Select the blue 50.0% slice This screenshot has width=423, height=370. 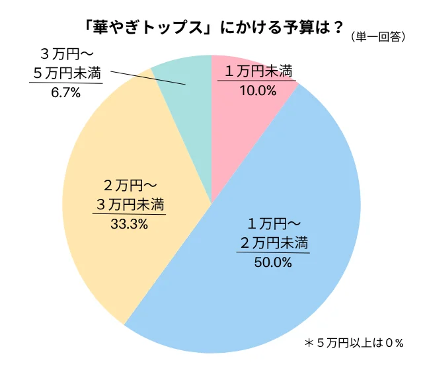coord(278,284)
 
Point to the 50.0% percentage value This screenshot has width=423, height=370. coord(273,262)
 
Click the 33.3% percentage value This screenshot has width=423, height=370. coord(130,224)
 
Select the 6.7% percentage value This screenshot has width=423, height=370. coord(65,93)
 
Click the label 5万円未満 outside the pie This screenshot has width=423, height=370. coord(66,73)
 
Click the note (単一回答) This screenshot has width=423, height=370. coord(379,37)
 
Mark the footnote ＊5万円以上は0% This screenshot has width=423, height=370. coord(354,344)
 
